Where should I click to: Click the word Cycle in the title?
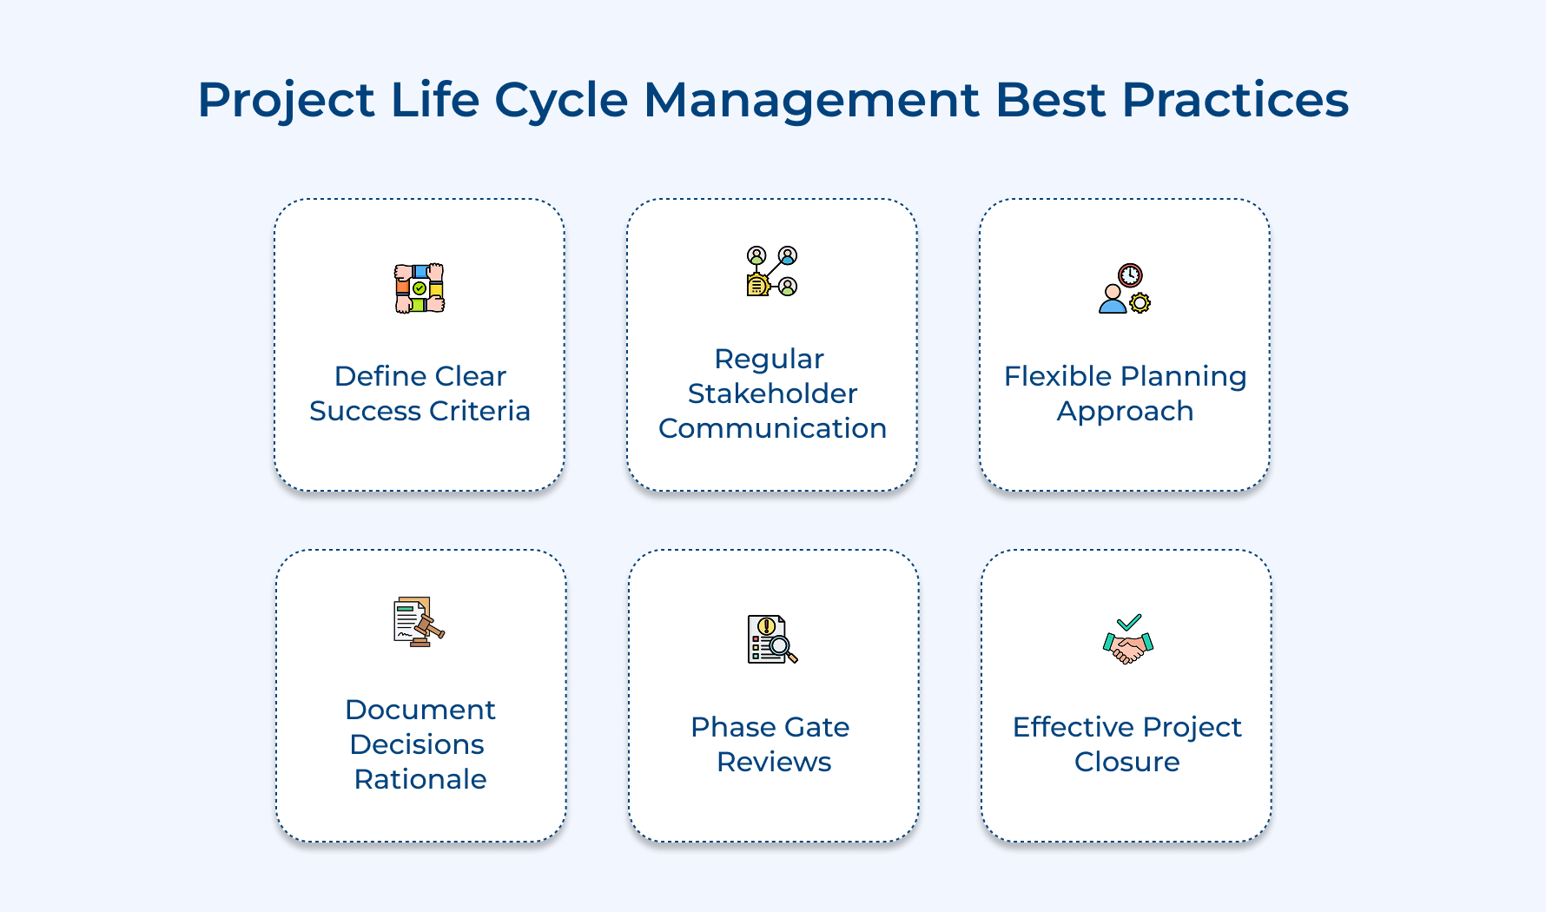560,101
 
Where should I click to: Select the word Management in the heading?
810,101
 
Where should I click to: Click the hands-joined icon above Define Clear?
420,288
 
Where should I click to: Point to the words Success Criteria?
420,411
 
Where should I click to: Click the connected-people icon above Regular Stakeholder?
772,271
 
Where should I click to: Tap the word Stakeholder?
772,393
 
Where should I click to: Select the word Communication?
772,428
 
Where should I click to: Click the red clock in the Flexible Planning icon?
1130,275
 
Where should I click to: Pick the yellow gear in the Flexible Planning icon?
1140,302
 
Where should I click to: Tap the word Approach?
1125,411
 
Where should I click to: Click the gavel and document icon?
419,622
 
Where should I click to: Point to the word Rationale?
420,779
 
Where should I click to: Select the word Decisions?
417,744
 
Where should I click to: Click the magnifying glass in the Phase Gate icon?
781,646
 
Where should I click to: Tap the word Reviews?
774,762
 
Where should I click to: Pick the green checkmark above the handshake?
1129,622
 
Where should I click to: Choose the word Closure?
1126,762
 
